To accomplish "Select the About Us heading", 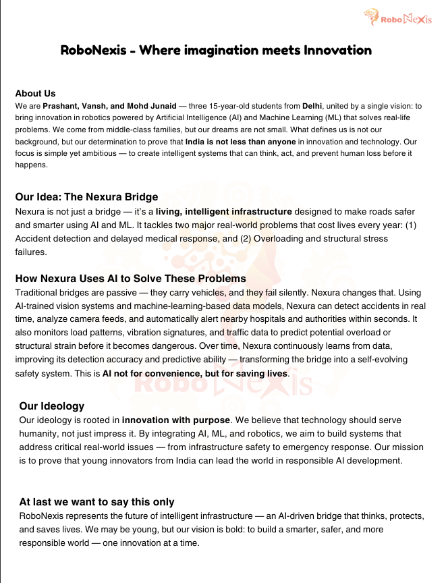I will (x=35, y=94).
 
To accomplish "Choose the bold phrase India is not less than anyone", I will (x=241, y=142).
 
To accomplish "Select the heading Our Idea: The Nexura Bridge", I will (x=86, y=197).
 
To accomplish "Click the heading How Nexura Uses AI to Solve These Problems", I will (x=130, y=278).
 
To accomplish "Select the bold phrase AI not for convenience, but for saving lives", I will (x=196, y=373).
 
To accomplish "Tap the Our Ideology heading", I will (x=52, y=406).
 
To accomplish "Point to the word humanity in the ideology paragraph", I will (x=39, y=433).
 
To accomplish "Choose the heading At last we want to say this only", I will (x=96, y=501).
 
